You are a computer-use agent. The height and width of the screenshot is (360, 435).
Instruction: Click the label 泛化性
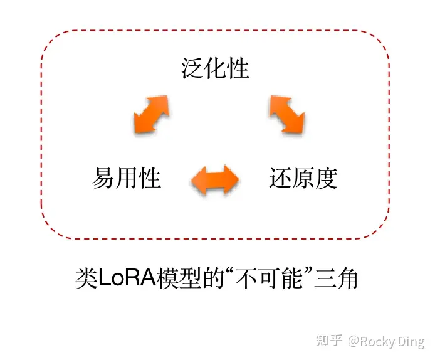[x=216, y=68]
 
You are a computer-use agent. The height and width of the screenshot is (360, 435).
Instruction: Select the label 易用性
[x=127, y=178]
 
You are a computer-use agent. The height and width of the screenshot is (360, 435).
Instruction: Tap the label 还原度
[x=303, y=178]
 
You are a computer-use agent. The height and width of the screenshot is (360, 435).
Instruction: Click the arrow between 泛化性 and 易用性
[x=152, y=114]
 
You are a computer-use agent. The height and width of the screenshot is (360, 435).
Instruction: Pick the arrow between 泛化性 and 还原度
[x=287, y=114]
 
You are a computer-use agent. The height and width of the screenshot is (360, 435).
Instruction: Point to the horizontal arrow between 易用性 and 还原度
[x=215, y=179]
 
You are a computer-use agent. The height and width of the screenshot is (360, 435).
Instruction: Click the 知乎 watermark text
[x=330, y=341]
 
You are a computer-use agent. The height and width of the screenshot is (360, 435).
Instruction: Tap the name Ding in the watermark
[x=411, y=341]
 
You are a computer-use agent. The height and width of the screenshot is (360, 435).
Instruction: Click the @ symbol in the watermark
[x=353, y=341]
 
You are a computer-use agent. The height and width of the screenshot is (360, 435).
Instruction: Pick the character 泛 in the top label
[x=193, y=68]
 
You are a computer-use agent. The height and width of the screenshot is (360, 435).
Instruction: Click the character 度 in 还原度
[x=327, y=178]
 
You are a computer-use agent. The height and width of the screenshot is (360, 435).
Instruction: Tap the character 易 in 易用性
[x=103, y=178]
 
